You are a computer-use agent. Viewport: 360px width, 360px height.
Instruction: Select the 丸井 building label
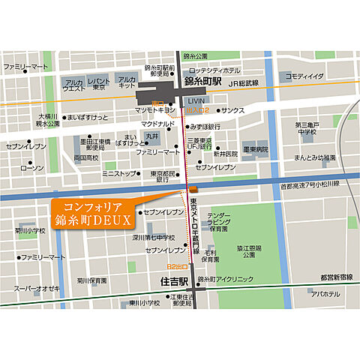[153, 136]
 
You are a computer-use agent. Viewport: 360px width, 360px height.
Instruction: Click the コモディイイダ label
[304, 76]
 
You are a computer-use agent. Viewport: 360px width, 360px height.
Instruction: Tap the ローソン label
[33, 169]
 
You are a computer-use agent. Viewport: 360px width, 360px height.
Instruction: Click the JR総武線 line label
[244, 83]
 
